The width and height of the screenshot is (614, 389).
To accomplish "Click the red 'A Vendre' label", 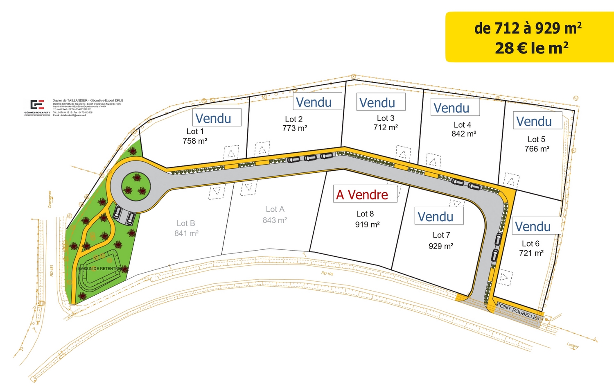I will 362,195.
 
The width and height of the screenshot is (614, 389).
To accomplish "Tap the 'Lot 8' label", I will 365,214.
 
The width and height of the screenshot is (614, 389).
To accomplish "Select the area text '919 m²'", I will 367,224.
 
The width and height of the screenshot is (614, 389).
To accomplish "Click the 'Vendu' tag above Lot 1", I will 213,118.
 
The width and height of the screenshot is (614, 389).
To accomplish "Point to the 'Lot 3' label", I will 386,118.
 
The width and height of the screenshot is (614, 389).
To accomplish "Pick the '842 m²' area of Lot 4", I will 464,134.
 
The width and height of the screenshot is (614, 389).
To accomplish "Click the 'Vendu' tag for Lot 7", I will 436,217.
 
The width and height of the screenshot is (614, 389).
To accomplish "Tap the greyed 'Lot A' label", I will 275,209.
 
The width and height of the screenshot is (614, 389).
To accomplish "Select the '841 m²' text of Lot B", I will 186,233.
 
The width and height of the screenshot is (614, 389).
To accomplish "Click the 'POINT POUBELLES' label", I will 518,312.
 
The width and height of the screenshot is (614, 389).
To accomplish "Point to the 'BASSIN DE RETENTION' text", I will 100,269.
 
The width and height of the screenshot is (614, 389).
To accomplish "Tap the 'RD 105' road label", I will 327,274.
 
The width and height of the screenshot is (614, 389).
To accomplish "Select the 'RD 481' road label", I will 52,271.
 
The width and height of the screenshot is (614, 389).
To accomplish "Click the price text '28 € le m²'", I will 531,48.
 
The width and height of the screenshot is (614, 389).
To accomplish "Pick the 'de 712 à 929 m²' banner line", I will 528,28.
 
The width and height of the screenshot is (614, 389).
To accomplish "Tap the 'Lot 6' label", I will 530,244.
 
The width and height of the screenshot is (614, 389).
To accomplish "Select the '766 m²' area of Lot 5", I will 537,149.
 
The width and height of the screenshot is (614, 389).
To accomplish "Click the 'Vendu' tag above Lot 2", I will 314,102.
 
